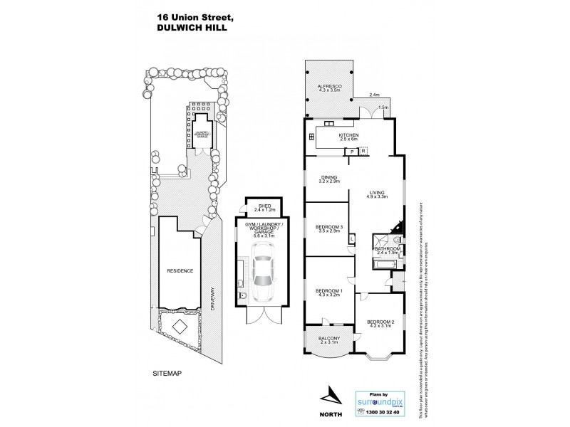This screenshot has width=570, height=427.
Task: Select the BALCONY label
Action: pyautogui.click(x=328, y=338)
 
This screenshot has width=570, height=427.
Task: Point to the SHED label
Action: pyautogui.click(x=261, y=206)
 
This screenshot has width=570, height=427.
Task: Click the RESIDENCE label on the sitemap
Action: pyautogui.click(x=180, y=271)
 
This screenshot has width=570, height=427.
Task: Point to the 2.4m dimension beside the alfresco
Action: pyautogui.click(x=375, y=95)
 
